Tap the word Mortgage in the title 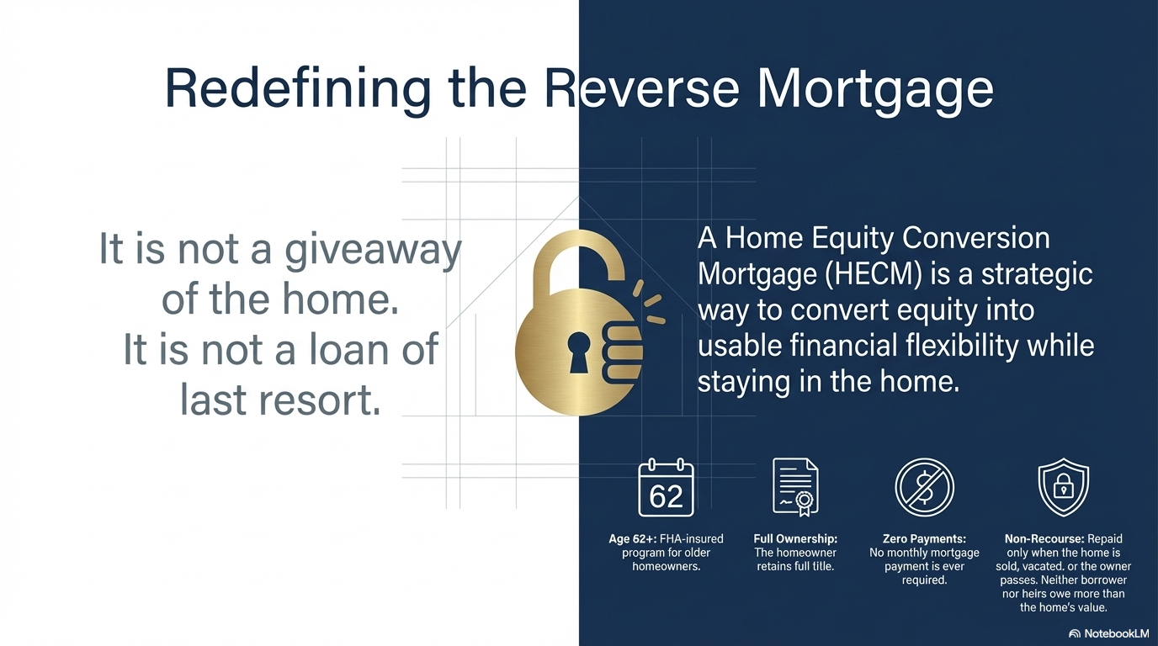point(875,87)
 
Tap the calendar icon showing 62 point(666,488)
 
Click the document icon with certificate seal point(794,487)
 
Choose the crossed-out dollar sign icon point(923,488)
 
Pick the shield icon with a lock point(1063,487)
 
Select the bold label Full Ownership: point(795,539)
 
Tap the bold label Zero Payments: point(924,539)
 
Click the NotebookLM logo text point(1116,633)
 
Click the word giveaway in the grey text point(374,251)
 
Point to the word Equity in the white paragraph point(847,239)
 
